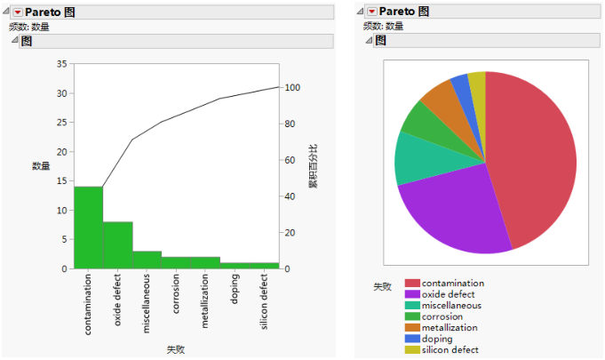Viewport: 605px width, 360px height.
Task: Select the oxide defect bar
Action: [x=118, y=245]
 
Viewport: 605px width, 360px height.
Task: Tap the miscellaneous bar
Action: [x=147, y=260]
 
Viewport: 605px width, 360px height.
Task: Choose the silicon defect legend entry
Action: [x=450, y=349]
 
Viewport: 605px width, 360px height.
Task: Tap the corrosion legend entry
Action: [x=443, y=316]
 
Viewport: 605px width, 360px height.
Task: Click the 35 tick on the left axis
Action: [x=61, y=64]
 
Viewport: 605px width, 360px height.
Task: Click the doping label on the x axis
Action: [x=235, y=290]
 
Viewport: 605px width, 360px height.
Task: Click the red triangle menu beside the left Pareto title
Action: [x=17, y=12]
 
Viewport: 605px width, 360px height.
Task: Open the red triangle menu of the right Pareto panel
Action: [x=371, y=12]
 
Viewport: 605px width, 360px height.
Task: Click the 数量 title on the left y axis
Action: [x=41, y=166]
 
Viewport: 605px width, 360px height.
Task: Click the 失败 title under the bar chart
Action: [x=176, y=349]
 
